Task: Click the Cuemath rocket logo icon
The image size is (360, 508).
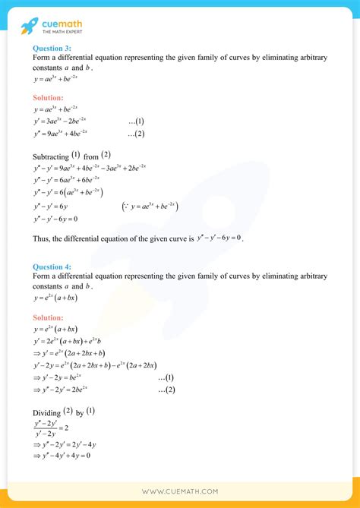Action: click(30, 24)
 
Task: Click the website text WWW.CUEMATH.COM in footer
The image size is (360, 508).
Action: click(180, 491)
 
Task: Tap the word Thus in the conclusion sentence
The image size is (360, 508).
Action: click(43, 238)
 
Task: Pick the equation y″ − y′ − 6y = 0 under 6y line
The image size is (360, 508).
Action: click(56, 219)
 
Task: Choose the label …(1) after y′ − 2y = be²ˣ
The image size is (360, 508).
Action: click(166, 377)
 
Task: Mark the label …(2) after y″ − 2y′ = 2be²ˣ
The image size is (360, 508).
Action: click(166, 390)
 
